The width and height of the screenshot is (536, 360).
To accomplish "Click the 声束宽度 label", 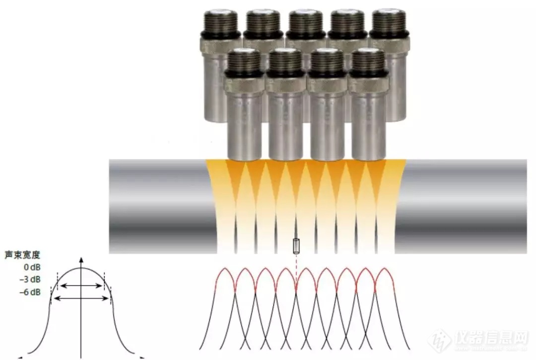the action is click(22, 255).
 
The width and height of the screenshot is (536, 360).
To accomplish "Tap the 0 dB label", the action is click(32, 267).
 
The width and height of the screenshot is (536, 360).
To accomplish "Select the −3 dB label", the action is click(30, 280).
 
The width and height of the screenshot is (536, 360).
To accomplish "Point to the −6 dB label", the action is click(30, 292).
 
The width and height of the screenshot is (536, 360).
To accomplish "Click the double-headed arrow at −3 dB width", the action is click(81, 286).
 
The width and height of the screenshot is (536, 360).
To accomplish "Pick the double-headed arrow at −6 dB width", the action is click(81, 298).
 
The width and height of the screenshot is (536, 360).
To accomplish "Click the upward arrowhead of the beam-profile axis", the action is click(81, 259).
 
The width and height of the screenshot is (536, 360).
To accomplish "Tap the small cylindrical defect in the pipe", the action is click(296, 246).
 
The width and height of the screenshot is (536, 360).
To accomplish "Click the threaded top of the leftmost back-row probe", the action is click(221, 21).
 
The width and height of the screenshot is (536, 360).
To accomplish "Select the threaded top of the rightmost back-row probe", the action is click(389, 21).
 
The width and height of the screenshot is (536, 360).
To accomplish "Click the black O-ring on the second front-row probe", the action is click(285, 73).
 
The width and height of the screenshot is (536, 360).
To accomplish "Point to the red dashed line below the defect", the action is click(296, 271).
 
